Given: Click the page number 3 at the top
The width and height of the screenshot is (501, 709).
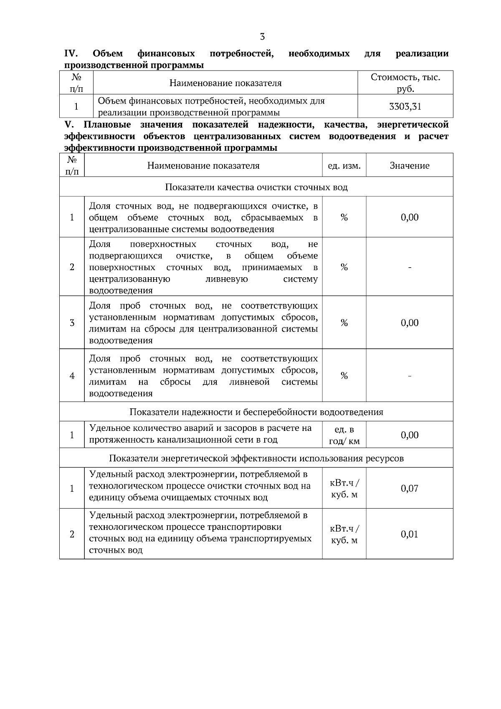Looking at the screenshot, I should pyautogui.click(x=262, y=37).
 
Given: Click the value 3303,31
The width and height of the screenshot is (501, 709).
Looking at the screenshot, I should pyautogui.click(x=405, y=106).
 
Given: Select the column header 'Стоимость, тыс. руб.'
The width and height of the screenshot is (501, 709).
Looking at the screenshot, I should pyautogui.click(x=405, y=83).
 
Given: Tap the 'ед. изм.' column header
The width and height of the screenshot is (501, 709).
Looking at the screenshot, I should pyautogui.click(x=344, y=166).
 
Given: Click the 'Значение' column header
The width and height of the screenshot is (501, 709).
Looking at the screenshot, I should pyautogui.click(x=409, y=166).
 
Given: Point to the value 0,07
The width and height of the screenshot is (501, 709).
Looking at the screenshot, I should pyautogui.click(x=409, y=488).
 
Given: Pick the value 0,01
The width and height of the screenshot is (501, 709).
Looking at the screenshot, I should pyautogui.click(x=409, y=534).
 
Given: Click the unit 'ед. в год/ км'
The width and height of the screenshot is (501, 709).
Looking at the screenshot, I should pyautogui.click(x=344, y=435).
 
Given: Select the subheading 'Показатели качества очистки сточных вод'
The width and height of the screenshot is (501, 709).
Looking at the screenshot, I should pyautogui.click(x=256, y=187).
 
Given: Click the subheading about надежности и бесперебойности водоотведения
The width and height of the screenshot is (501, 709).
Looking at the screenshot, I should pyautogui.click(x=256, y=412).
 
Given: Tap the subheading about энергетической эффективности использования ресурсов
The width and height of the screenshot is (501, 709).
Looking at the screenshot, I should pyautogui.click(x=256, y=458).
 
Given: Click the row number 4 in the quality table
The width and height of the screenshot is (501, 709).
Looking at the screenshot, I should pyautogui.click(x=72, y=376).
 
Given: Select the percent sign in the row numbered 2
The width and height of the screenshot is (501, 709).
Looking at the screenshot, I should pyautogui.click(x=344, y=267).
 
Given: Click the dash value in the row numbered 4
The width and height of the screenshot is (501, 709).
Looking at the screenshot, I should pyautogui.click(x=409, y=376).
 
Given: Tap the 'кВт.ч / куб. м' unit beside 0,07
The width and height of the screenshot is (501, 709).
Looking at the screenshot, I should pyautogui.click(x=344, y=488).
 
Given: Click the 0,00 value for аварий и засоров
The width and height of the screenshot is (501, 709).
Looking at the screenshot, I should pyautogui.click(x=409, y=435).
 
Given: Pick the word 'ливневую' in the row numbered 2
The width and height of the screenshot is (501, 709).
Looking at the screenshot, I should pyautogui.click(x=227, y=279).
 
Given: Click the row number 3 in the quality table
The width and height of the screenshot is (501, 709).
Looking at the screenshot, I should pyautogui.click(x=72, y=323).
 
